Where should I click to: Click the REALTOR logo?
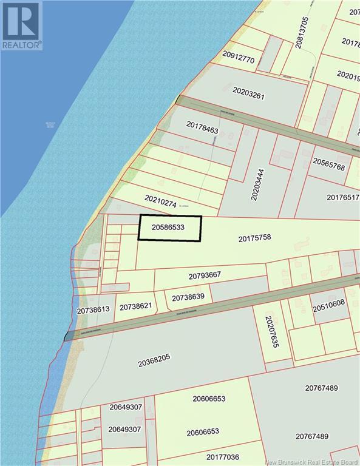tap(22, 25)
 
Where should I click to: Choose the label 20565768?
tap(329, 164)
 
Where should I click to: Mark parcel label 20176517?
tap(343, 197)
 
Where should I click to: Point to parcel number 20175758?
tap(254, 238)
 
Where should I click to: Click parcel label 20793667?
tap(205, 275)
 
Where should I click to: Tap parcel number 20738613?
tap(93, 309)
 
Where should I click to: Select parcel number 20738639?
tap(188, 297)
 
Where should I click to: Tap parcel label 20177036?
tap(222, 457)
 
